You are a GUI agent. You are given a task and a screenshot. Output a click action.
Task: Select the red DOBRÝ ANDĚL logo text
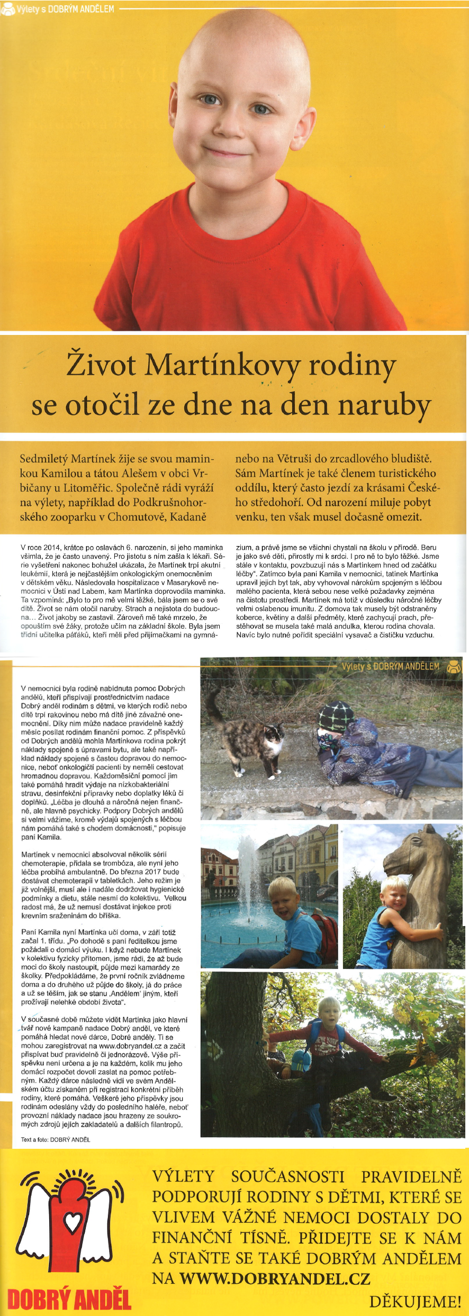click(69, 1299)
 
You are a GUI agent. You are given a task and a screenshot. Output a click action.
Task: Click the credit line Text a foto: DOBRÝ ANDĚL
click(56, 1139)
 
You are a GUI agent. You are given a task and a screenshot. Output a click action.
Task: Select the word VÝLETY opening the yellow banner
click(183, 1176)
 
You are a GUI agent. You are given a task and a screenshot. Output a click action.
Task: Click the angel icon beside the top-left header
click(7, 9)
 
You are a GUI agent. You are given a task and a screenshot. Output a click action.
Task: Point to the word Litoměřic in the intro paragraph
click(82, 488)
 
